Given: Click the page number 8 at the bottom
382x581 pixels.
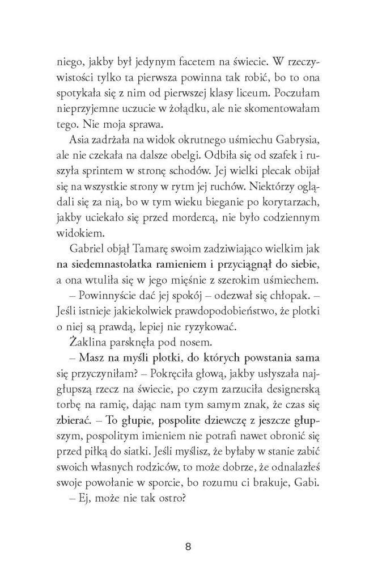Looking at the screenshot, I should (x=189, y=547).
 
